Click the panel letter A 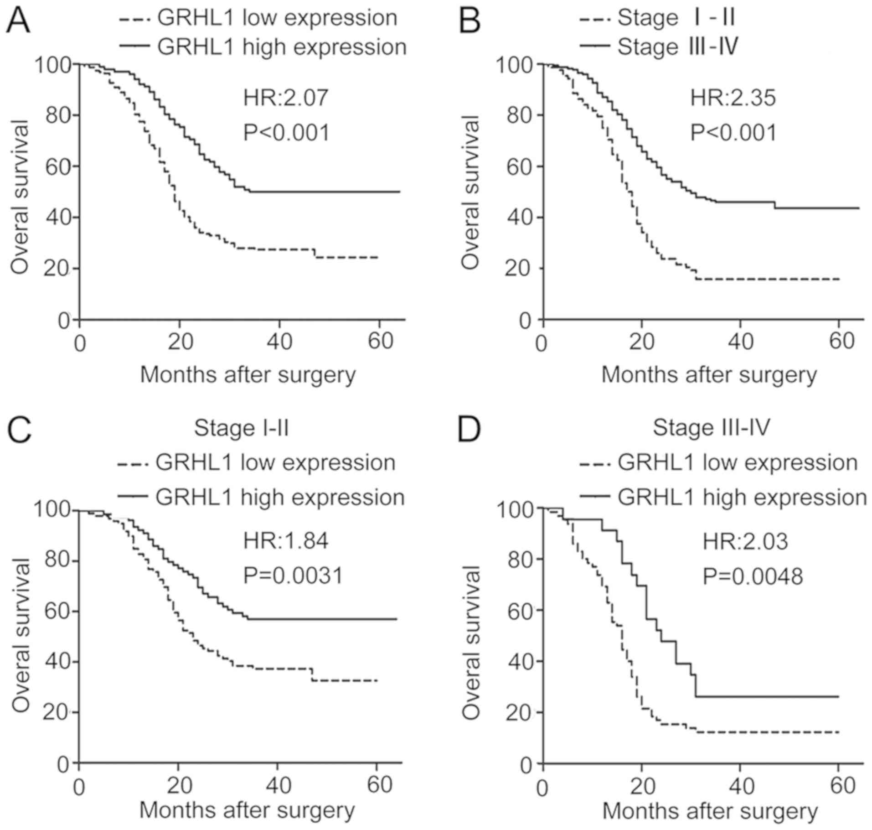pos(18,21)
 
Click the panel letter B pos(470,21)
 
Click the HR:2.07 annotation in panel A pos(286,98)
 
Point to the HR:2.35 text pos(733,98)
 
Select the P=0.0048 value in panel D pos(753,576)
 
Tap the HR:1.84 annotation pos(286,541)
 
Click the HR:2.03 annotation pos(745,542)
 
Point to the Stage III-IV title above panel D pos(711,428)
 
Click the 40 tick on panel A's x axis pos(279,342)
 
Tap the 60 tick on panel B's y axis pos(519,166)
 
